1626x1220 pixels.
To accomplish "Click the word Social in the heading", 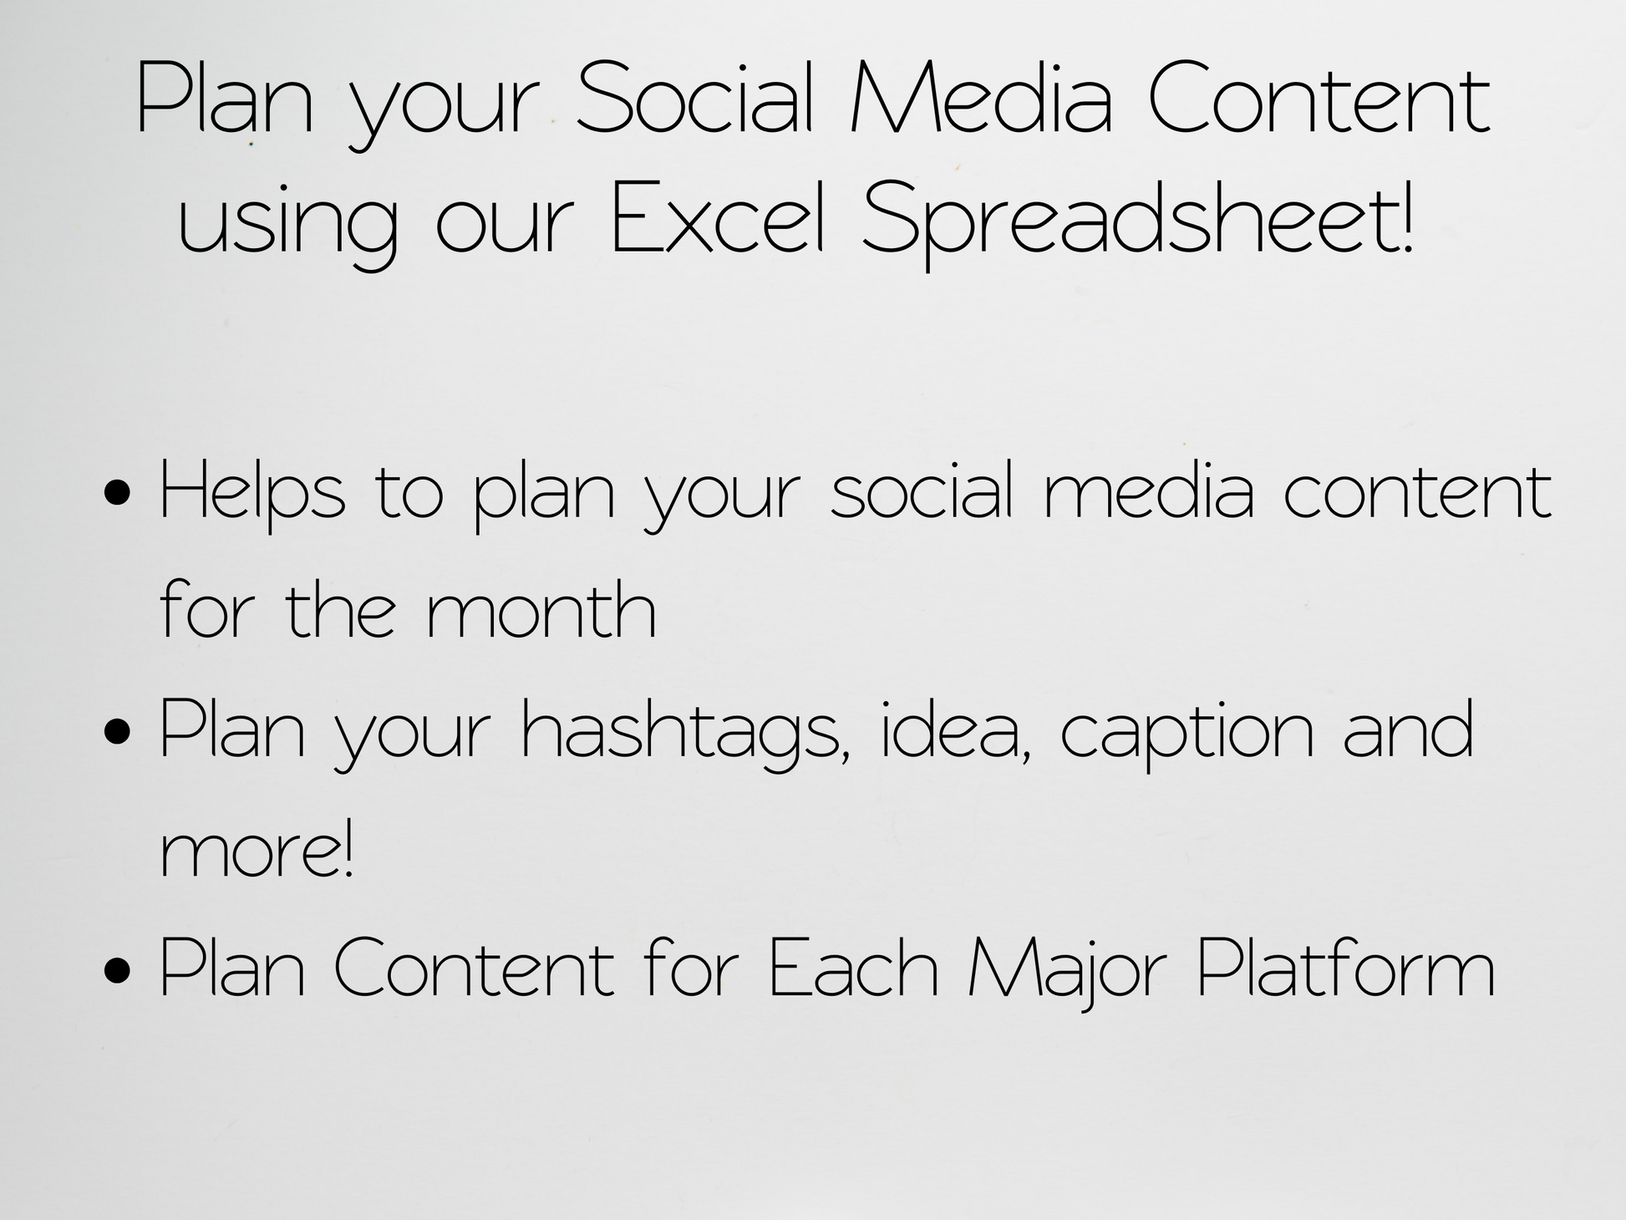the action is click(695, 99).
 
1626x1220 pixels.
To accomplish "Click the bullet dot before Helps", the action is click(119, 495).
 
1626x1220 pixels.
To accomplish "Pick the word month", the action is click(541, 609).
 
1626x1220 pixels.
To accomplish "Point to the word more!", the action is click(257, 850).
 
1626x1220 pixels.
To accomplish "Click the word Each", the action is click(853, 968).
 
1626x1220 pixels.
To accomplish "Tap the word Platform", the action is click(1346, 968).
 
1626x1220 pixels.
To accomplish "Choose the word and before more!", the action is click(1407, 729).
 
